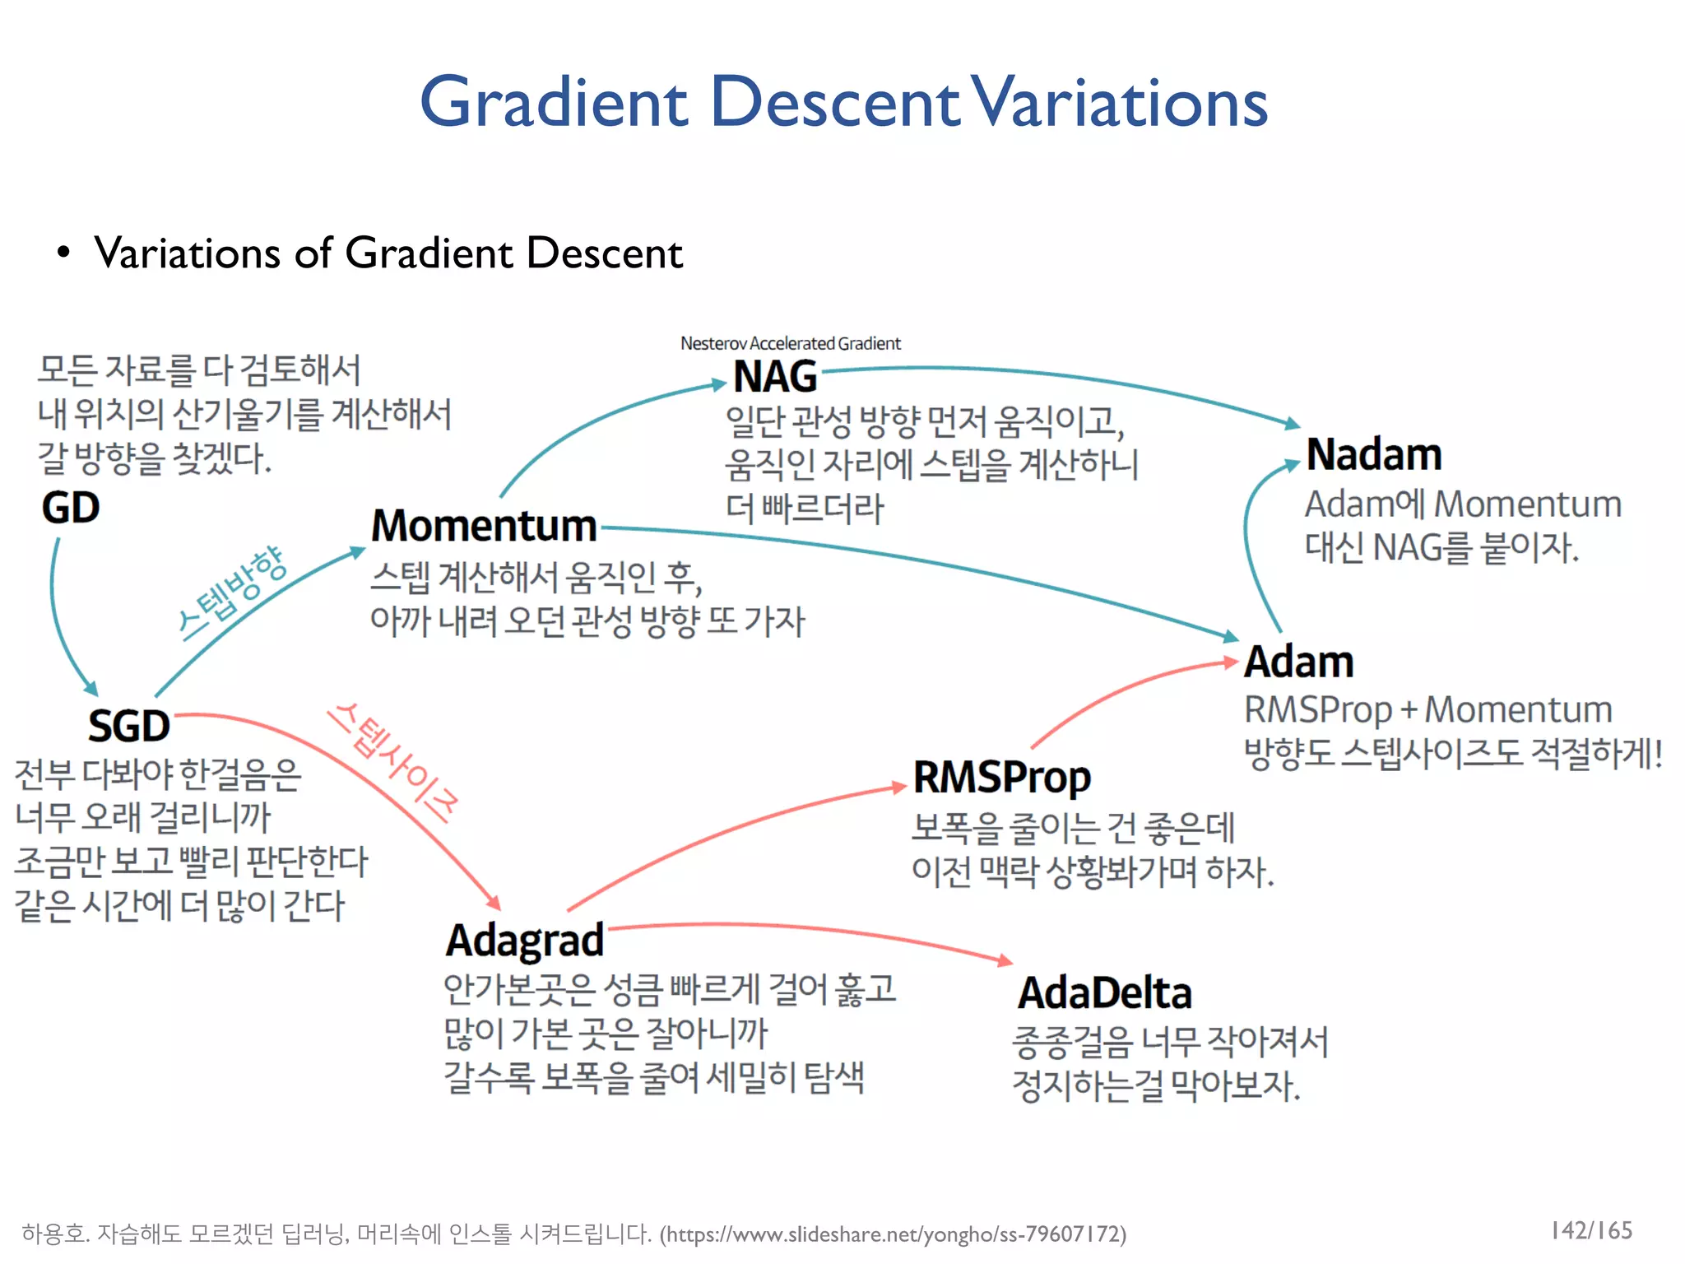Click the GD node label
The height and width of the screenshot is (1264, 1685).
pyautogui.click(x=71, y=508)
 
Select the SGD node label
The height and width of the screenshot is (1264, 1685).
pyautogui.click(x=129, y=726)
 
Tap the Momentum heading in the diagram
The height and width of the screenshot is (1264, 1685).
pyautogui.click(x=484, y=526)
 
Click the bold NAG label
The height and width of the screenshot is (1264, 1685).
pyautogui.click(x=775, y=377)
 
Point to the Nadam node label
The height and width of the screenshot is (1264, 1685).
pyautogui.click(x=1374, y=454)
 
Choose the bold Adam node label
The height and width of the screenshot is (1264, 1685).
pyautogui.click(x=1298, y=662)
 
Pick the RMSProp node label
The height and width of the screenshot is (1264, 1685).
pyautogui.click(x=1002, y=777)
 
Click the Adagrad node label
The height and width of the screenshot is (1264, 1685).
pyautogui.click(x=525, y=941)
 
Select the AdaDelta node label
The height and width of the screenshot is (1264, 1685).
pyautogui.click(x=1105, y=993)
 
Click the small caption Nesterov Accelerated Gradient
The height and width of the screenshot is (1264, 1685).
pyautogui.click(x=790, y=343)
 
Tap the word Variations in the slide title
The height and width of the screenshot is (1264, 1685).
pyautogui.click(x=1119, y=102)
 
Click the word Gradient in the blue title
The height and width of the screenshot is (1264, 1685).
pyautogui.click(x=554, y=102)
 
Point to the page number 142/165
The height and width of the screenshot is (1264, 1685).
pyautogui.click(x=1591, y=1230)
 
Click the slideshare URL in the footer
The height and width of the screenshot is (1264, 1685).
pyautogui.click(x=893, y=1234)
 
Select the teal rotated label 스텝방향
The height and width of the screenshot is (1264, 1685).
pyautogui.click(x=232, y=592)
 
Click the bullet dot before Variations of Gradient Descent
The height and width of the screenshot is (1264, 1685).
pyautogui.click(x=63, y=252)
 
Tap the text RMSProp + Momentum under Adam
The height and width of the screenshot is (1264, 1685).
pyautogui.click(x=1427, y=709)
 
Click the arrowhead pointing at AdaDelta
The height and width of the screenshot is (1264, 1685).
pyautogui.click(x=1005, y=960)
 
